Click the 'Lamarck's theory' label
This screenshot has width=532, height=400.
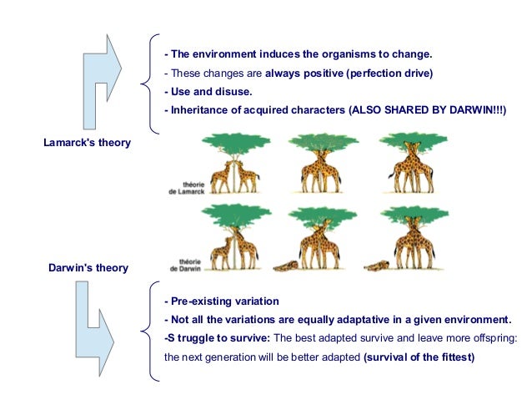(87, 142)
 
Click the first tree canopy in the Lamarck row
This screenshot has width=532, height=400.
(233, 144)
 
